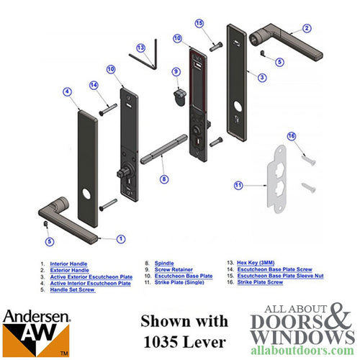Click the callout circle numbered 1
[120, 238]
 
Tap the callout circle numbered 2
[306, 28]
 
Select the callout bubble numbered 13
[140, 48]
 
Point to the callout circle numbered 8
[164, 178]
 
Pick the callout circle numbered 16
[292, 136]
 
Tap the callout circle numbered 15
[199, 24]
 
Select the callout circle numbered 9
[175, 71]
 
